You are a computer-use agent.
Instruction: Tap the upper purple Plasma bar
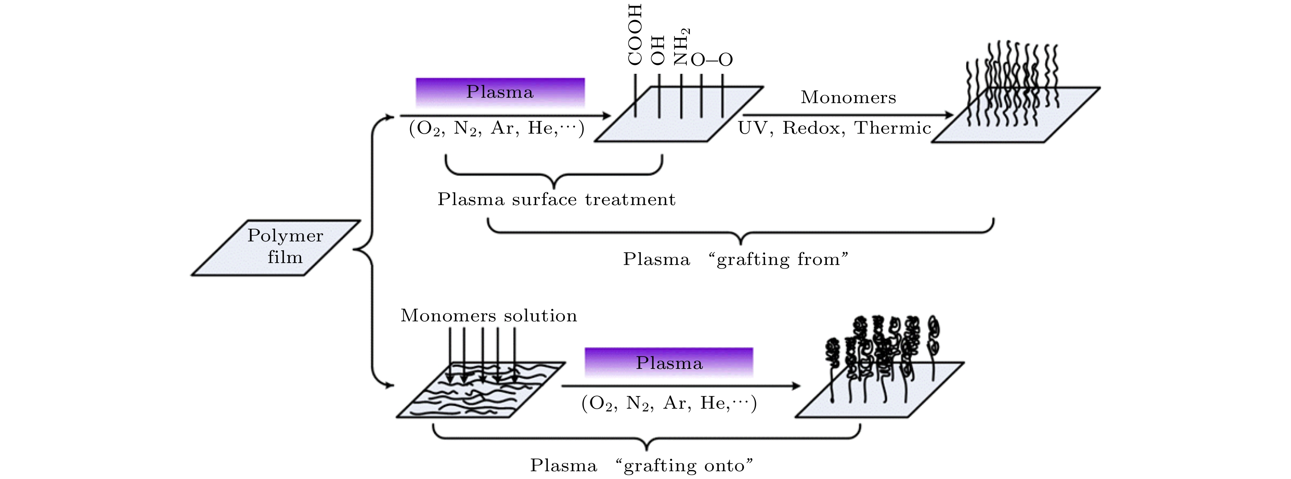(500, 92)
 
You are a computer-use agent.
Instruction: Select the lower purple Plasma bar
(669, 362)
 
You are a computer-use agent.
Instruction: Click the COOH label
(635, 35)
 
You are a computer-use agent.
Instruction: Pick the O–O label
(711, 60)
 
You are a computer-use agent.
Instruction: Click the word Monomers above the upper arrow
(848, 97)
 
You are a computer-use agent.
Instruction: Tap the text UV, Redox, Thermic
(834, 128)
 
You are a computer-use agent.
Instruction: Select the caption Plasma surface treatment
(556, 200)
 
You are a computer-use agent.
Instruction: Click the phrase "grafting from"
(778, 259)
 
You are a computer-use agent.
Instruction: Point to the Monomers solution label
(488, 316)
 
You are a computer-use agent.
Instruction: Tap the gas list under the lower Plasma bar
(669, 403)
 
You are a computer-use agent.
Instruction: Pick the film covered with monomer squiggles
(481, 390)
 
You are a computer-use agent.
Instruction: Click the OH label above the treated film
(657, 51)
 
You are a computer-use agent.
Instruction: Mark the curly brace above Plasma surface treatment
(554, 170)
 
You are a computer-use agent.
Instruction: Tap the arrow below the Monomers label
(848, 116)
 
